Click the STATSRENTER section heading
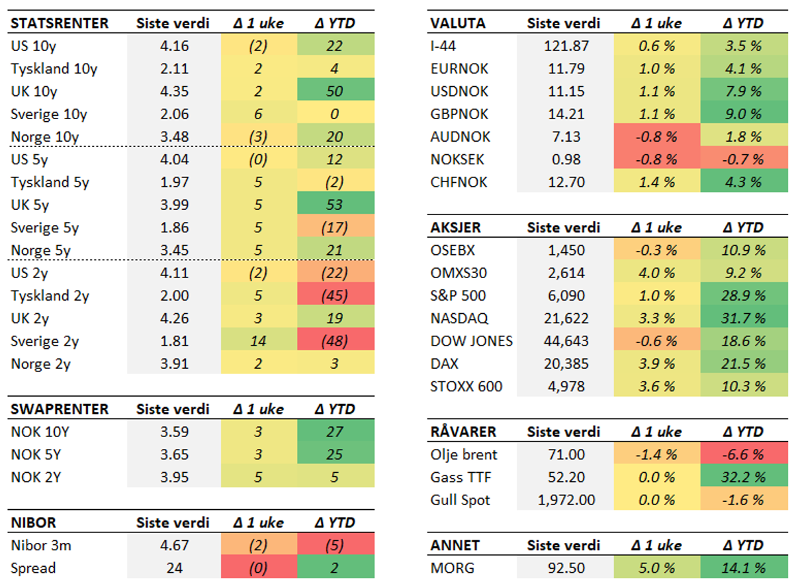coord(60,23)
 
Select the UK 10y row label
coord(34,91)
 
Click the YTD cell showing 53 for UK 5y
coord(335,205)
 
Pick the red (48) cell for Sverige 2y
coord(335,342)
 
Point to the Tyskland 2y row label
coord(49,296)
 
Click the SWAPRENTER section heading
coord(60,409)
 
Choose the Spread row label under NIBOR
coord(34,568)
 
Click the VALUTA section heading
coord(458,23)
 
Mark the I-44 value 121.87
coord(562,46)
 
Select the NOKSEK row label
coord(457,160)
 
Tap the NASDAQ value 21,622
coord(562,318)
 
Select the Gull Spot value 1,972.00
coord(562,500)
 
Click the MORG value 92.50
coord(562,568)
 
